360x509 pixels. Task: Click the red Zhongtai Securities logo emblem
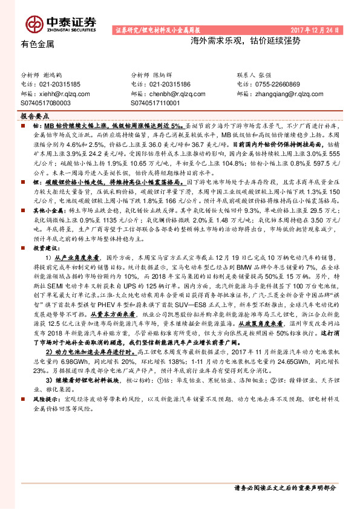pos(33,24)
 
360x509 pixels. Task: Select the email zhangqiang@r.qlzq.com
pos(291,94)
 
